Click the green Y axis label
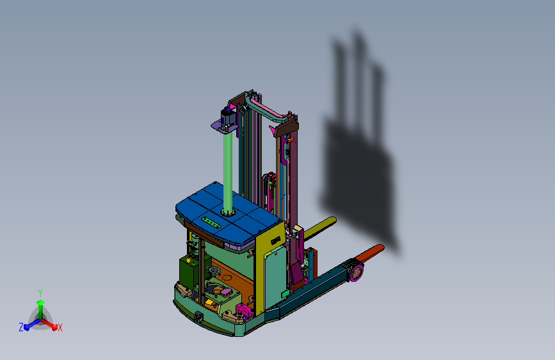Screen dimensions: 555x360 [x=40, y=293]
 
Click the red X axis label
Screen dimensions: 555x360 [x=60, y=327]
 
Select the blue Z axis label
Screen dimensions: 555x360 [x=21, y=327]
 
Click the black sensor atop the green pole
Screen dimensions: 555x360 [x=229, y=115]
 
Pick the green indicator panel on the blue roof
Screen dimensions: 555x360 [x=211, y=222]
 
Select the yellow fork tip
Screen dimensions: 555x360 [x=320, y=227]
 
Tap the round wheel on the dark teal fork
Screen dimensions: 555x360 [x=357, y=272]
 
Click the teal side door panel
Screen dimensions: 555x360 [x=275, y=278]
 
